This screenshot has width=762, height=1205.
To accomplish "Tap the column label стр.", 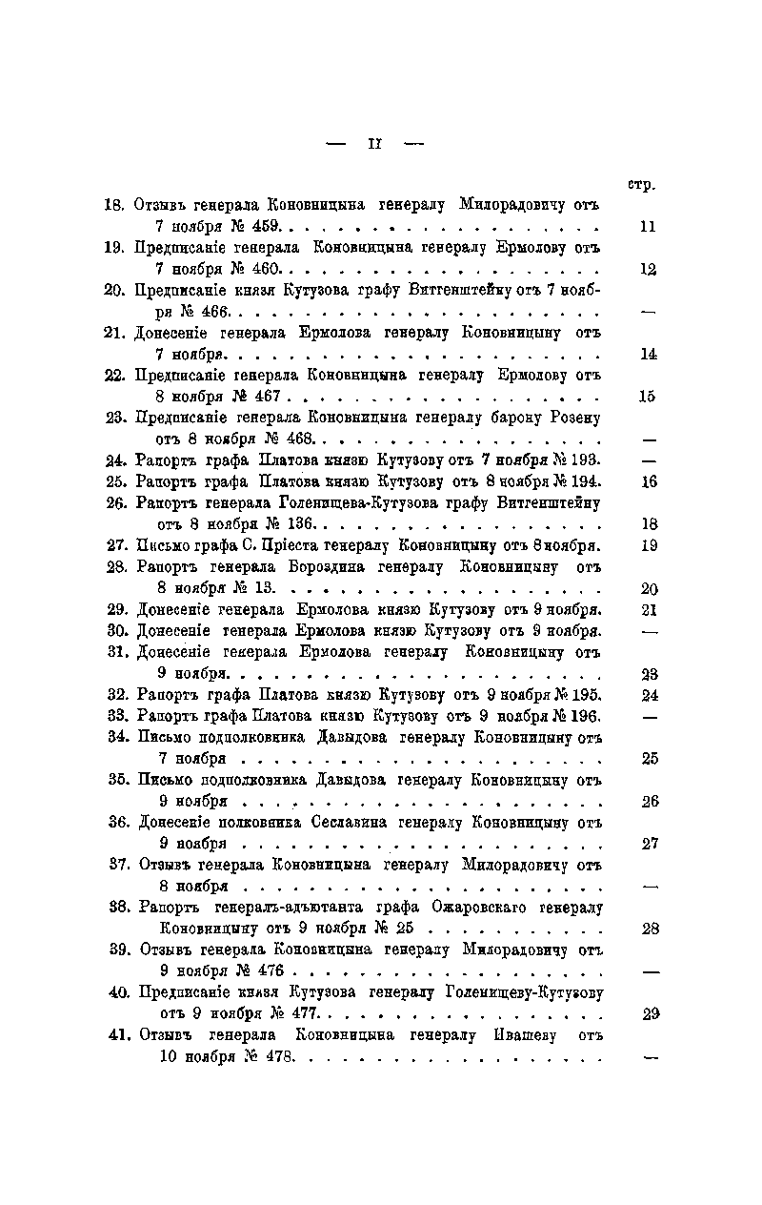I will tap(643, 184).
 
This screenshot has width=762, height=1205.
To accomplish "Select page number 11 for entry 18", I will tap(649, 228).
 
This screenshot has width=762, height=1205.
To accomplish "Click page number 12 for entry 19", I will tap(649, 270).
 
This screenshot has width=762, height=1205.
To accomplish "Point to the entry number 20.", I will tap(116, 291).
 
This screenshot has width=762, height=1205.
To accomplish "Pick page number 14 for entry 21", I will tap(649, 355).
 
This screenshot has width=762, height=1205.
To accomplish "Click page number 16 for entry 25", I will tap(649, 481).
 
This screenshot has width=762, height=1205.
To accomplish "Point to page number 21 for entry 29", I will tap(650, 609).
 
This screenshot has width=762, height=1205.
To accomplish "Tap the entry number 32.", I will tap(117, 694).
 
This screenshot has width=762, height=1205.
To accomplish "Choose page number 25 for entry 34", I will tap(650, 759).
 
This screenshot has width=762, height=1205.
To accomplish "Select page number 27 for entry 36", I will tap(651, 844).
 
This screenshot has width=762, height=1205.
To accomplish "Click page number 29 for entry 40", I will tap(652, 1014).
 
